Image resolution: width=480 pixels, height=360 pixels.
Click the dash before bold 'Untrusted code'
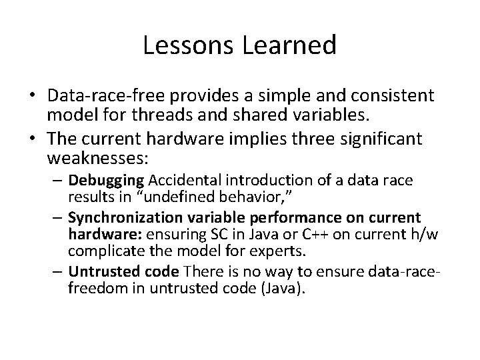[59, 271]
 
